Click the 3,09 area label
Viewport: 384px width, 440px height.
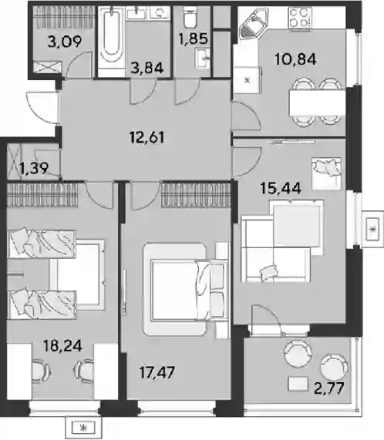(x=65, y=42)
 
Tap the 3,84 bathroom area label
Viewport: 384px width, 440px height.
(x=147, y=68)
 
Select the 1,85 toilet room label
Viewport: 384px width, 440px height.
(x=193, y=39)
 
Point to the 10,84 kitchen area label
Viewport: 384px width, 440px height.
(x=295, y=59)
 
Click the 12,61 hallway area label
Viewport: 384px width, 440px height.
(x=147, y=137)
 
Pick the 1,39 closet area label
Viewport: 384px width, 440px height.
(x=34, y=168)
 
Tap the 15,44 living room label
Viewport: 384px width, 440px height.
(x=281, y=188)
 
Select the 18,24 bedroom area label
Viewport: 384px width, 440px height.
(x=63, y=345)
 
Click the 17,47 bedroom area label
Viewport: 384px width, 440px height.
(x=157, y=372)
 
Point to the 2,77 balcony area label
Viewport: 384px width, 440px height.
(x=329, y=388)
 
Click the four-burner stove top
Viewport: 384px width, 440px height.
(x=300, y=18)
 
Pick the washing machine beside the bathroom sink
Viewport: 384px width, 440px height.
(x=159, y=13)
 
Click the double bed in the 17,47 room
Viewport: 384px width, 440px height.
(x=185, y=289)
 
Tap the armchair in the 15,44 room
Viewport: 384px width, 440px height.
(x=326, y=173)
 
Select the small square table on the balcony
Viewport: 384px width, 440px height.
(x=298, y=384)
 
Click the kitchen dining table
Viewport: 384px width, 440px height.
(x=317, y=102)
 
